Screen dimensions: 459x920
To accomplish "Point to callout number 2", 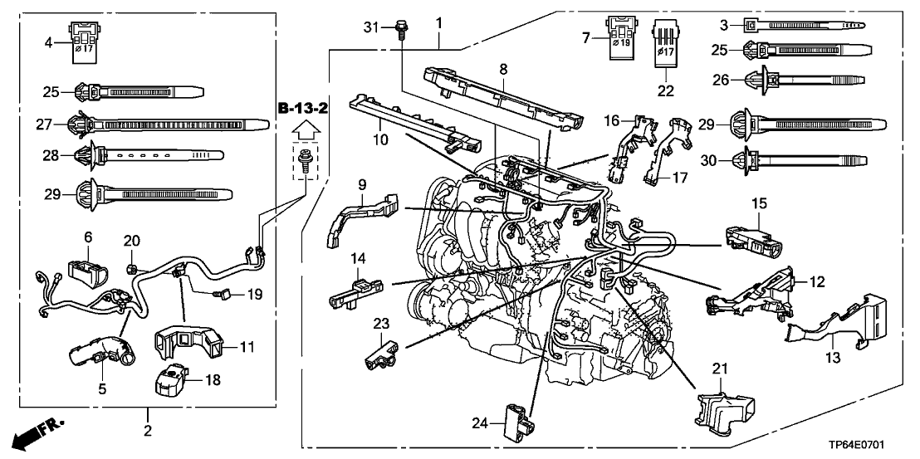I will coord(148,431).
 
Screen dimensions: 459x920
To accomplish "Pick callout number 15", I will coord(760,203).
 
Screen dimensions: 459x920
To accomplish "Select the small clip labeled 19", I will coord(223,293).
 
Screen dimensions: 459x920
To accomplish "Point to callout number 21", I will coord(718,367).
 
